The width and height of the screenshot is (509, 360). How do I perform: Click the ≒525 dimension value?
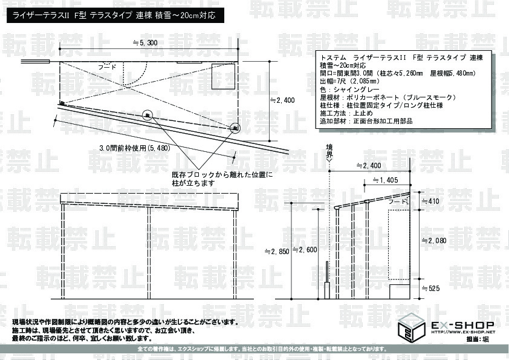[432, 289]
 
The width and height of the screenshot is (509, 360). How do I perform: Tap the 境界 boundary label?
[329, 149]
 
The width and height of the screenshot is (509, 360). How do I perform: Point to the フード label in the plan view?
[109, 68]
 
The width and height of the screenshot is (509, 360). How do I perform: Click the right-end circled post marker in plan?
[235, 127]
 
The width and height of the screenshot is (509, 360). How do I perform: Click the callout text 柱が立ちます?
[193, 182]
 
